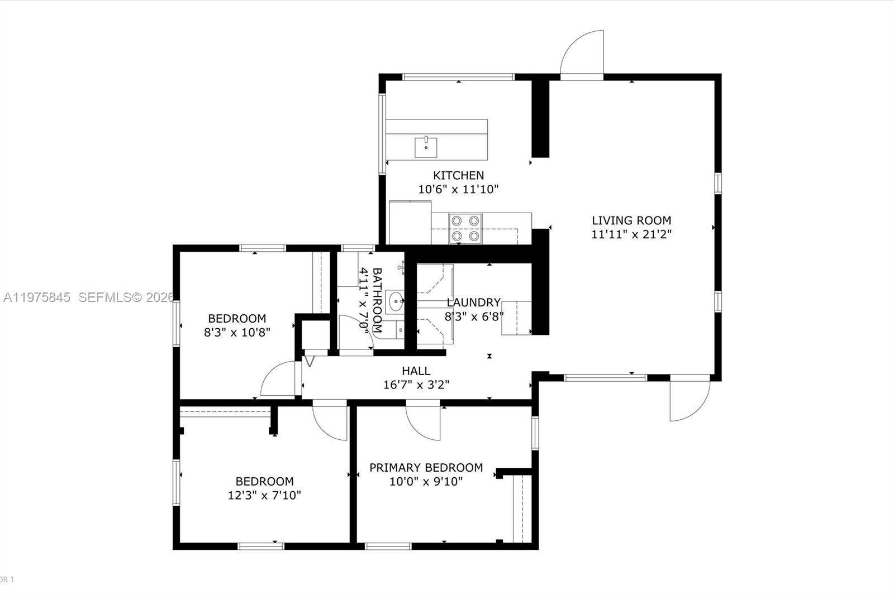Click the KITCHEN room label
click(x=458, y=175)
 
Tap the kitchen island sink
click(x=426, y=147)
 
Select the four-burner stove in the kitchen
click(x=465, y=228)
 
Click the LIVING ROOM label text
click(x=631, y=220)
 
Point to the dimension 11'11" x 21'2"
click(x=631, y=234)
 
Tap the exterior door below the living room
click(x=689, y=399)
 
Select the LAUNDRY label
click(x=473, y=303)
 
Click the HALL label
click(x=416, y=371)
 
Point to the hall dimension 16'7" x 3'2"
click(x=416, y=385)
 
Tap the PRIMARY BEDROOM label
click(x=426, y=467)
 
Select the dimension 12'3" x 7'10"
click(x=264, y=495)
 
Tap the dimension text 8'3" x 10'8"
click(x=237, y=333)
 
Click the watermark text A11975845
click(x=37, y=297)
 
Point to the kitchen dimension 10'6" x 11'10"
click(x=458, y=189)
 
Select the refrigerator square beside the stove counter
click(x=410, y=222)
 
